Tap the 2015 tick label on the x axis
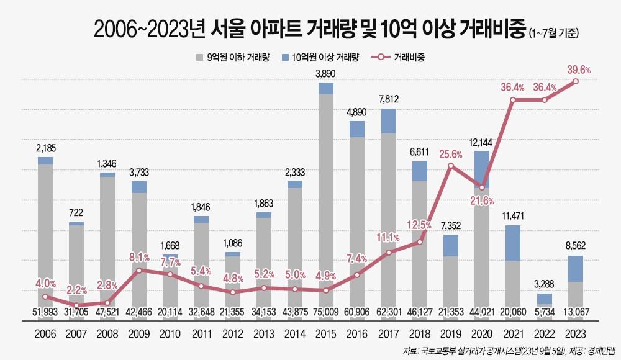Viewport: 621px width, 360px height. click(x=326, y=333)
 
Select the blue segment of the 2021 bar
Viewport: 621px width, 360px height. click(x=513, y=243)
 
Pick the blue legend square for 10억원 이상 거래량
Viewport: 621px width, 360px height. click(x=285, y=57)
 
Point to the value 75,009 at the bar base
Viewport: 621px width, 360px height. click(x=326, y=311)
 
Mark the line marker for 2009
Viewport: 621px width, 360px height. click(x=139, y=271)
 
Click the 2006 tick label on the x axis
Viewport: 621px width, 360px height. click(x=45, y=333)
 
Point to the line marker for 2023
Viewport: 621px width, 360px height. click(x=576, y=81)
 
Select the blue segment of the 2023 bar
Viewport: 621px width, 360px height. click(x=576, y=268)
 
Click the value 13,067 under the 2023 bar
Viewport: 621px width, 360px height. click(x=576, y=311)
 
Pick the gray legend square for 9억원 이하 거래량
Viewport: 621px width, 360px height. click(x=199, y=57)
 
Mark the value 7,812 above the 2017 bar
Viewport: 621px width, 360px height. click(x=389, y=99)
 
